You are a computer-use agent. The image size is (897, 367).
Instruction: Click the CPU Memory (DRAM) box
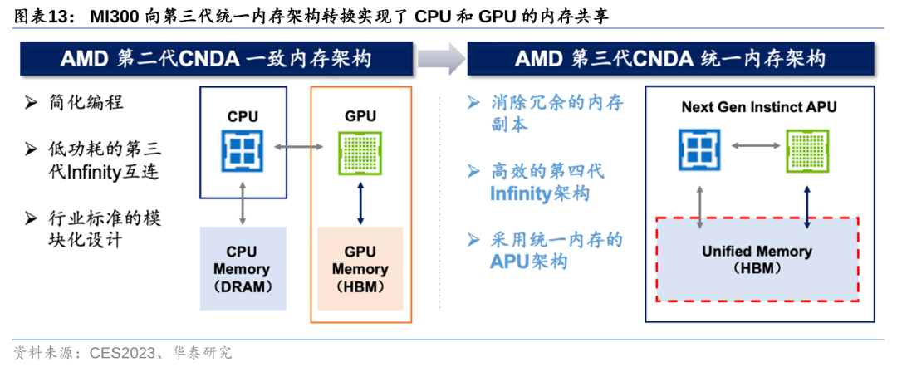tap(243, 269)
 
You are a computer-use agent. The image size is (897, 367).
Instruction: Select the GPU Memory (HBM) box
tap(360, 269)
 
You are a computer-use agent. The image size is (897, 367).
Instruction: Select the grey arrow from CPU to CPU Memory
tap(243, 202)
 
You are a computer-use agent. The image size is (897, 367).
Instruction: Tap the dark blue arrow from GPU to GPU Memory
tap(360, 202)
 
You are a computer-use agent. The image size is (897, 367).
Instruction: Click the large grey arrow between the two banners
tap(440, 58)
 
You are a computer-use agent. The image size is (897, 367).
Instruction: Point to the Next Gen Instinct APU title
tap(759, 107)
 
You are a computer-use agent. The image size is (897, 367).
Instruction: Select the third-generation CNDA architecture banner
tap(670, 58)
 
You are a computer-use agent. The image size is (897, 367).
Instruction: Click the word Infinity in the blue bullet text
tap(520, 194)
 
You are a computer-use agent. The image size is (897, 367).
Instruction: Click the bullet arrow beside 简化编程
tap(31, 104)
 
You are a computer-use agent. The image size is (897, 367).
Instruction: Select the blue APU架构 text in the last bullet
tap(528, 262)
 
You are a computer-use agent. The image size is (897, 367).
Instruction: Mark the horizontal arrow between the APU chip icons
tap(752, 147)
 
